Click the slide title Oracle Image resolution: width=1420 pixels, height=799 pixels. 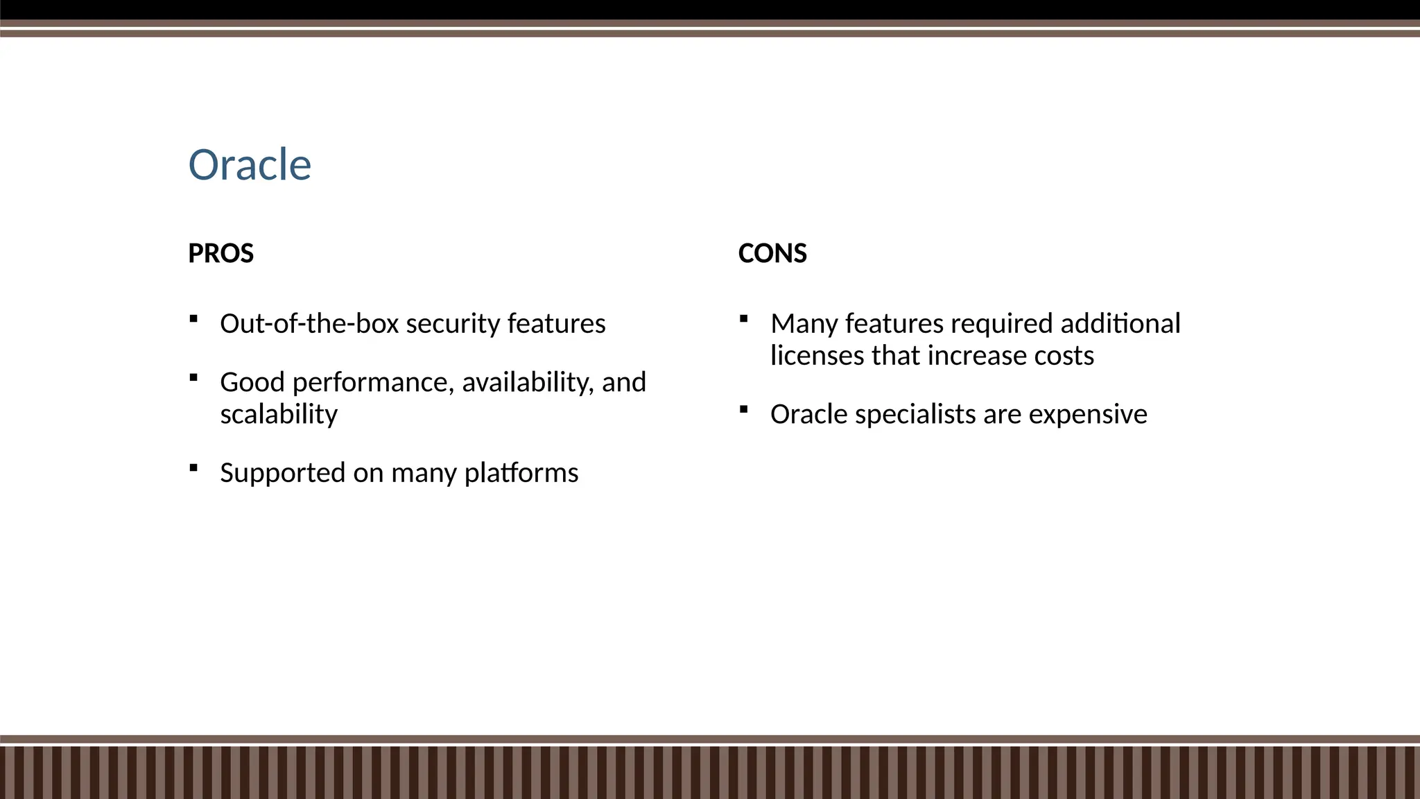pos(250,165)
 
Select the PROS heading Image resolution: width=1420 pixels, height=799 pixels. pos(220,253)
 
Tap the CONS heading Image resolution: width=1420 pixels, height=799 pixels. pos(772,253)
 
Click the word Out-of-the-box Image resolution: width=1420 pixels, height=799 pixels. pos(309,324)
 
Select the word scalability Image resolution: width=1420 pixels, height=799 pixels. pos(279,415)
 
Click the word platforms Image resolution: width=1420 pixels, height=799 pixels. pos(521,474)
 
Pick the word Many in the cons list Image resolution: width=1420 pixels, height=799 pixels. pos(804,324)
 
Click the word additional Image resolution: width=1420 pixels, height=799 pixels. pos(1120,324)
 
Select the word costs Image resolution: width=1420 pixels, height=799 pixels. pos(1064,356)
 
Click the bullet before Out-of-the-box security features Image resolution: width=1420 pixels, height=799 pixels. pos(193,319)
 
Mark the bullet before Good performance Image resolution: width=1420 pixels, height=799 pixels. pos(193,378)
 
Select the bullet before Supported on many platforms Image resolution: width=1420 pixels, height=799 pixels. pos(193,468)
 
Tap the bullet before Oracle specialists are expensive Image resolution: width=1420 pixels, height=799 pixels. pos(744,409)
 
